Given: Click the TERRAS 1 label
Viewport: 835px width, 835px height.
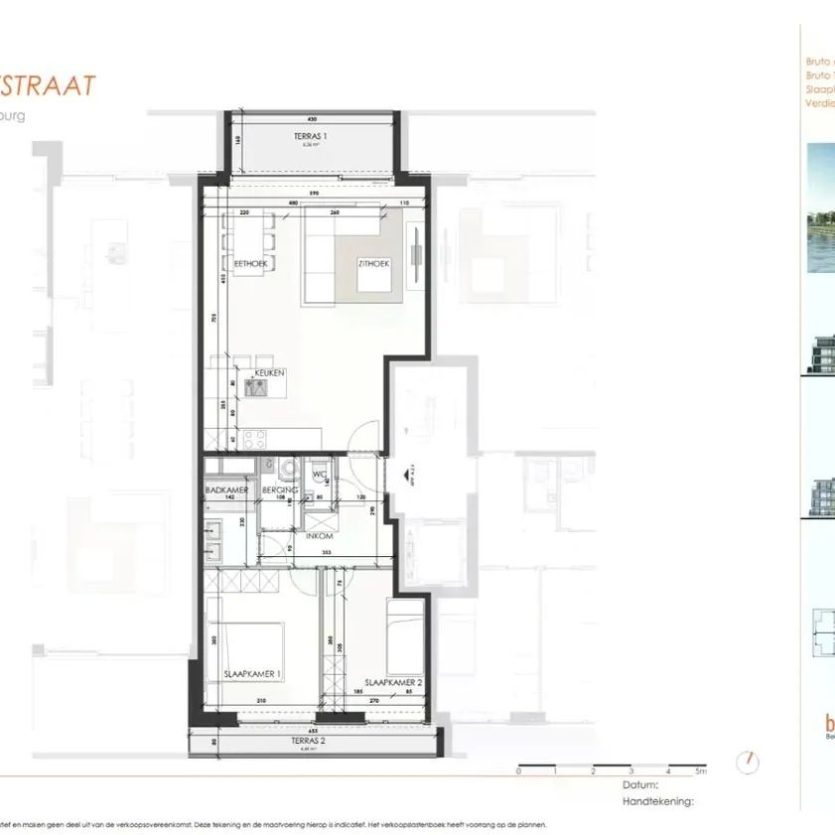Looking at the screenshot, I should point(312,135).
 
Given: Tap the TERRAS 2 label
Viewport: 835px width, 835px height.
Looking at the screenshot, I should point(312,741).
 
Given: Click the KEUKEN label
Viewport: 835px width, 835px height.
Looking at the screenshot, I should point(269,372).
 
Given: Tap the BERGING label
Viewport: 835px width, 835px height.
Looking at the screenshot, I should point(274,490).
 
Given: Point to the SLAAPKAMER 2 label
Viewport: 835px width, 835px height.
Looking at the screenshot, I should point(393,682).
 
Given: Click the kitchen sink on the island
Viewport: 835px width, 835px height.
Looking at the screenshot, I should point(255,388).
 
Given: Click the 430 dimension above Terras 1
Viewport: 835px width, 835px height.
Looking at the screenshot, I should point(312,118).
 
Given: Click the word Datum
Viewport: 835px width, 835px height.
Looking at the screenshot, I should point(640,783).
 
